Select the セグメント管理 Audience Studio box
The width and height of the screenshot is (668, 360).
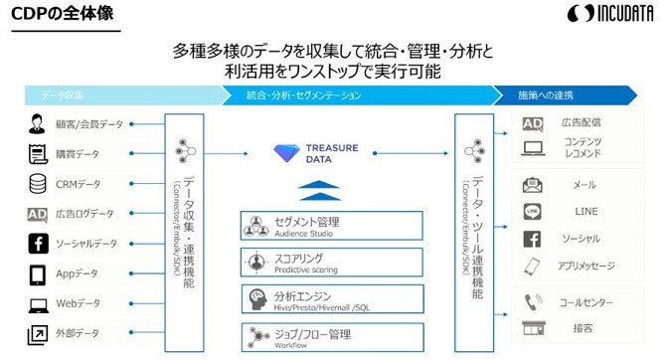click(331, 225)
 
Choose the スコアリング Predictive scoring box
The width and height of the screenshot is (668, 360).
click(331, 262)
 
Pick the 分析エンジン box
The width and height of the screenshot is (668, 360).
click(331, 297)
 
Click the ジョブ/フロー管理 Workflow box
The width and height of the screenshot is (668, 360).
click(331, 334)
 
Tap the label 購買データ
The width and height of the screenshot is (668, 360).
click(77, 154)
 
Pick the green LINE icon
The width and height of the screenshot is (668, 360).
click(532, 211)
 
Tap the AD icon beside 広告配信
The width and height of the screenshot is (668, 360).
click(532, 123)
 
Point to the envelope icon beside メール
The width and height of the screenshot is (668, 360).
click(532, 184)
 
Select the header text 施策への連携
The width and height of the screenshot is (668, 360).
click(546, 95)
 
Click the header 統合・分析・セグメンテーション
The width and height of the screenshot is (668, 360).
click(304, 95)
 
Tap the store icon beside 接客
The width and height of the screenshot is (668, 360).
click(532, 328)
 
